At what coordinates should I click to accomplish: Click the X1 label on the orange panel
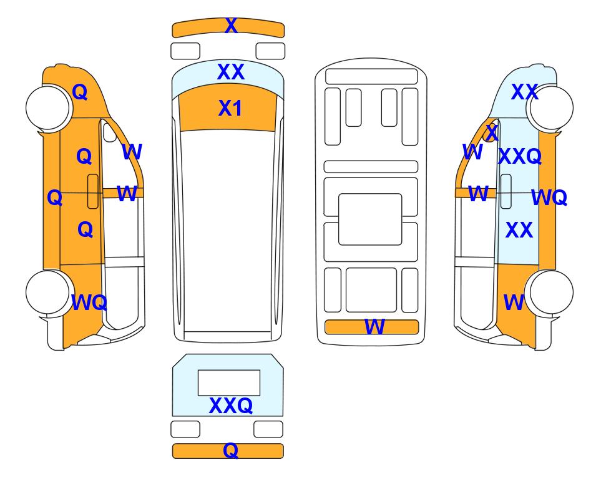[230, 108]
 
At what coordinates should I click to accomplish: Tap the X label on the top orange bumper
[231, 26]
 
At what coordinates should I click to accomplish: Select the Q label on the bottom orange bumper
[230, 450]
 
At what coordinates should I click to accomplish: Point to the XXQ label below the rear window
[231, 405]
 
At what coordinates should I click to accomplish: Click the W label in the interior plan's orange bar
[374, 327]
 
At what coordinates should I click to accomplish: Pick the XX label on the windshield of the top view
[231, 72]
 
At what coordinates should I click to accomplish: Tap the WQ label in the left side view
[89, 302]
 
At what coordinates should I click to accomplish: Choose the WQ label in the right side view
[549, 197]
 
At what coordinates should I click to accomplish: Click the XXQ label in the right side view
[520, 156]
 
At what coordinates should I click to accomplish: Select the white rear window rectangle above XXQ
[229, 382]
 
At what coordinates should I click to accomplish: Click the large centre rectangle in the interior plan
[370, 219]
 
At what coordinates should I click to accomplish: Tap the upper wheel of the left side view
[48, 107]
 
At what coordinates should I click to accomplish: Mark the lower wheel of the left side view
[48, 292]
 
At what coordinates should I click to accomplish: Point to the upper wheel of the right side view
[551, 108]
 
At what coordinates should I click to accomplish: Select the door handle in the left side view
[93, 191]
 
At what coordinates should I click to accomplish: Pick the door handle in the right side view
[506, 191]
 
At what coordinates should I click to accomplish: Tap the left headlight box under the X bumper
[185, 51]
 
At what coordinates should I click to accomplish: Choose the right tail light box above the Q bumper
[268, 429]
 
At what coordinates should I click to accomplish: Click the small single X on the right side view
[492, 133]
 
